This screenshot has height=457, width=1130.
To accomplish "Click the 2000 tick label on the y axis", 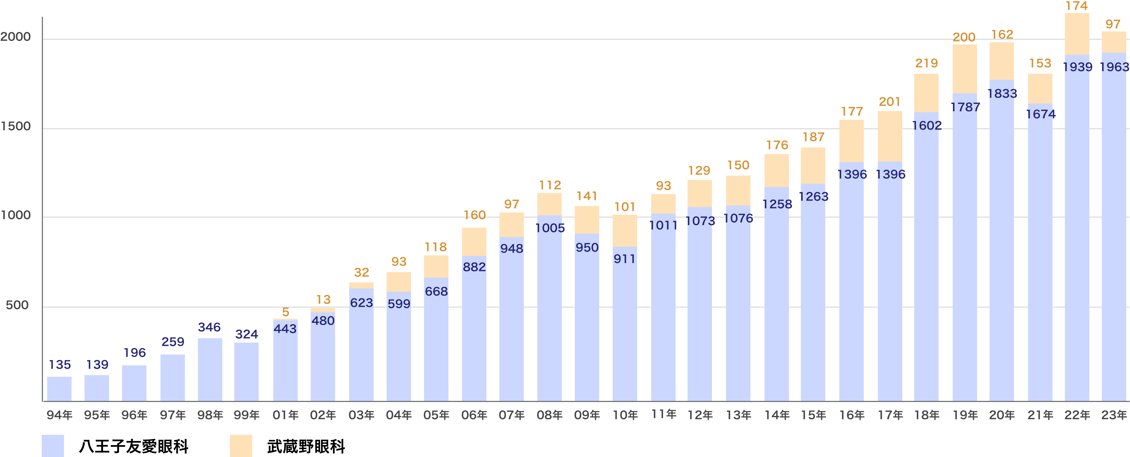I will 16,37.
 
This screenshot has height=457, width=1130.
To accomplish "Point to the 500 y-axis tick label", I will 17,305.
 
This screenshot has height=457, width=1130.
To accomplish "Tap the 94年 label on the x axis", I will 59,415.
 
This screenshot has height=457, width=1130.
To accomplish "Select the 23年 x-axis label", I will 1114,415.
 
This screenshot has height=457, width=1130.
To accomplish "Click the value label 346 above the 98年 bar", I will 209,327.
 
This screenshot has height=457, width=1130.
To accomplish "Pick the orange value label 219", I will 926,63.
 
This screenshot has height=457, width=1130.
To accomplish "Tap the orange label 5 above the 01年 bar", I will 285,312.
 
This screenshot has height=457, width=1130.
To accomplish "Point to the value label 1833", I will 1002,94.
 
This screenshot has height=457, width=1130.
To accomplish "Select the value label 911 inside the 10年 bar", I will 625,259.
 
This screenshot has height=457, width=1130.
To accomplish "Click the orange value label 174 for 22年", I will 1077,6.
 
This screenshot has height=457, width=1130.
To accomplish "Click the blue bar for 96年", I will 134,383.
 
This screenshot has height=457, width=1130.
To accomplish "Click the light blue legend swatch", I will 53,446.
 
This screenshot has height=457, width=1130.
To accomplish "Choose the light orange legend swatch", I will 241,446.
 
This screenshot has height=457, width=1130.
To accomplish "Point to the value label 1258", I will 777,204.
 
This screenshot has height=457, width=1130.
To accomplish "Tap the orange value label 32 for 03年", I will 361,272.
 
